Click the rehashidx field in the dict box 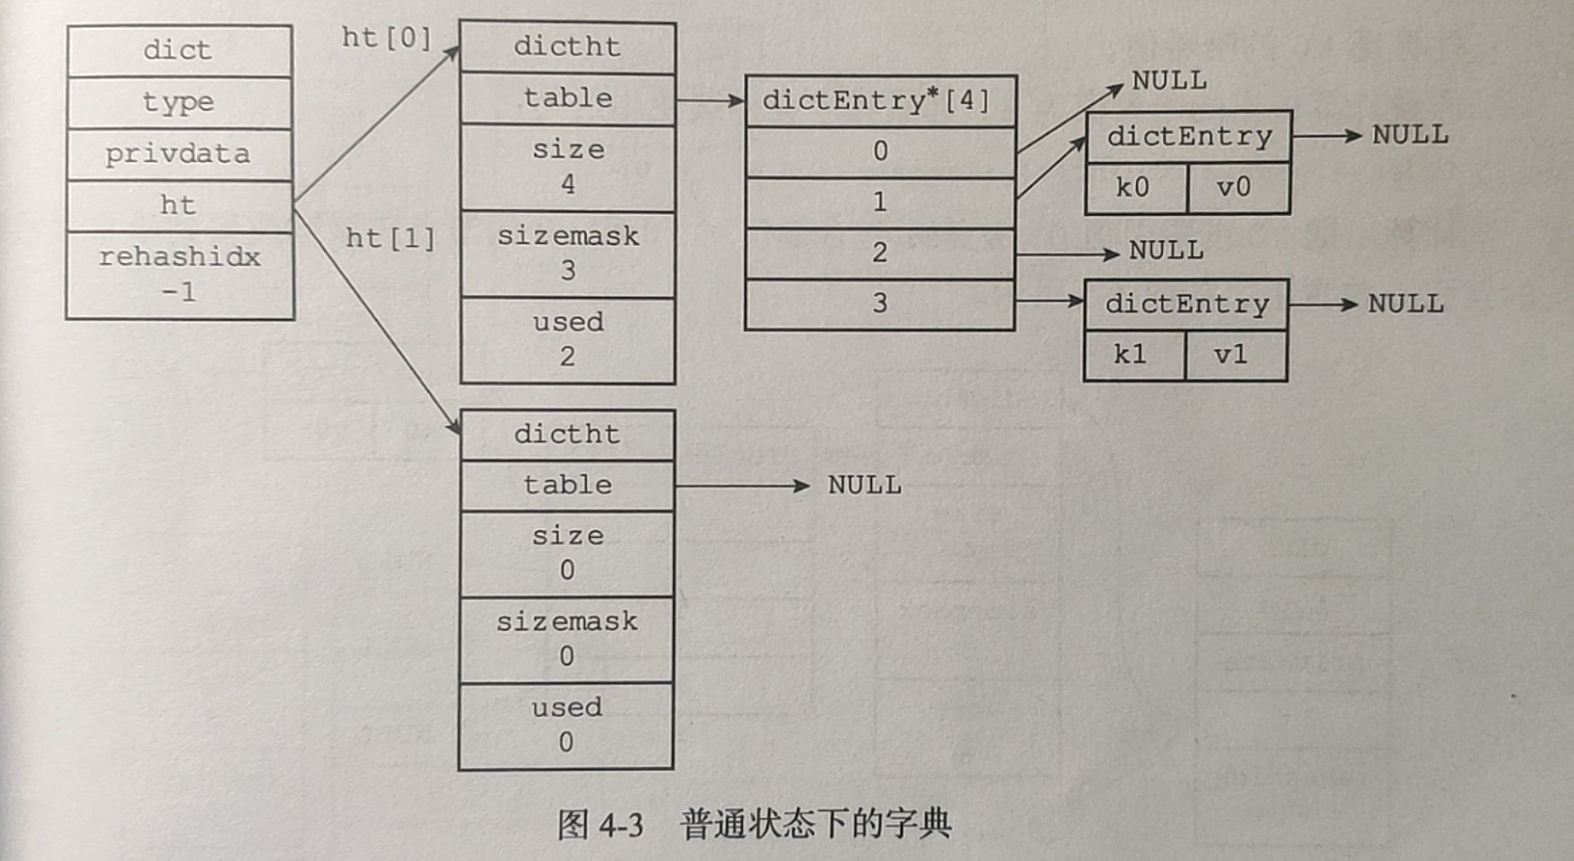(x=179, y=274)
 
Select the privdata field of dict (x=178, y=154)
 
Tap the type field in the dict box (x=178, y=101)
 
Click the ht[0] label (x=387, y=38)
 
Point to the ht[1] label (x=390, y=238)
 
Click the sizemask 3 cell (x=567, y=253)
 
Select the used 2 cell (x=567, y=339)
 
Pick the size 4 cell (x=567, y=167)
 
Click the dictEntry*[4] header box (x=879, y=101)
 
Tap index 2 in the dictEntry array (x=879, y=252)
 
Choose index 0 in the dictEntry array (x=879, y=151)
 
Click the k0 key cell (x=1133, y=188)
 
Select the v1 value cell (x=1232, y=355)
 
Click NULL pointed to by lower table (x=864, y=485)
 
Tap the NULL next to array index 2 (x=1166, y=250)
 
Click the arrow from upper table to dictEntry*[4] (x=710, y=100)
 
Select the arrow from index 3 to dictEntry (x=1049, y=302)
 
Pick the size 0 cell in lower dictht (x=566, y=553)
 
